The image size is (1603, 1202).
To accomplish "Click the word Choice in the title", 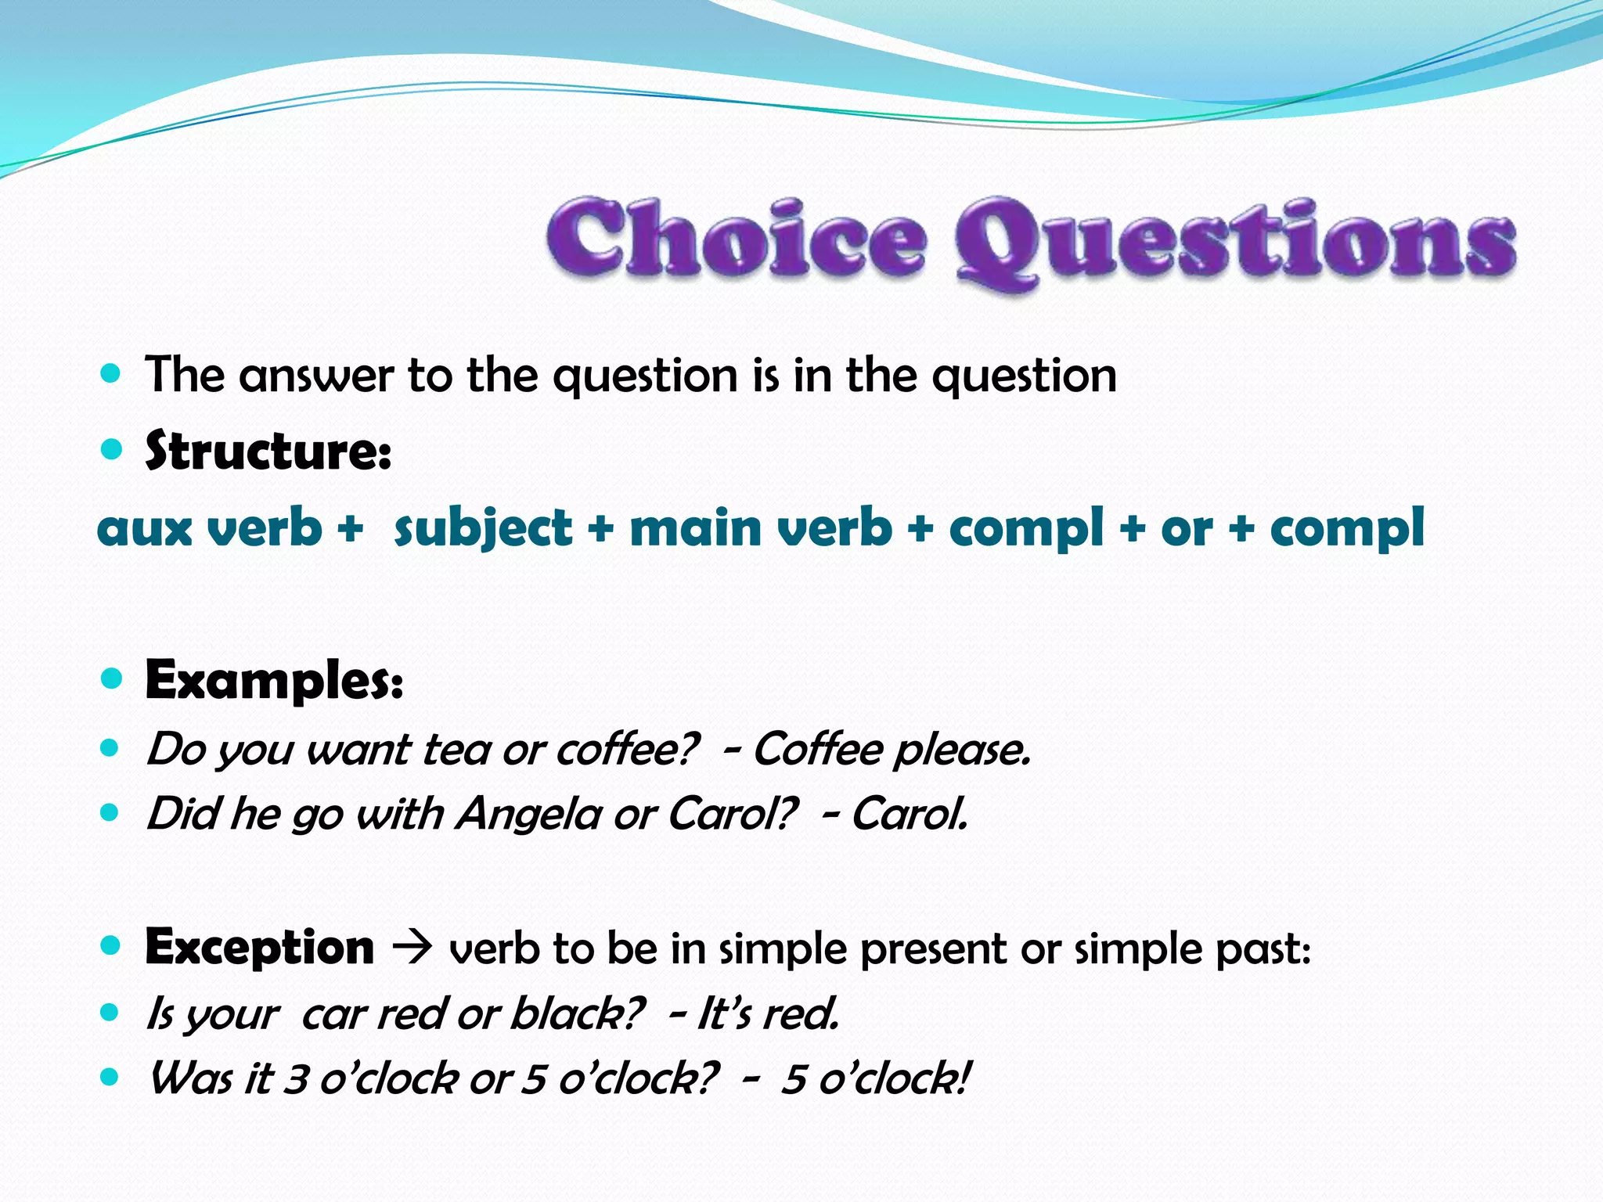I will click(736, 238).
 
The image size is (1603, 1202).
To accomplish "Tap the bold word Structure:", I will click(268, 452).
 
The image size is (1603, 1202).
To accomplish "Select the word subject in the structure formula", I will click(483, 527).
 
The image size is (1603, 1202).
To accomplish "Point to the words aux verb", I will click(210, 527).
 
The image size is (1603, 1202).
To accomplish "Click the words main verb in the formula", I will click(761, 527).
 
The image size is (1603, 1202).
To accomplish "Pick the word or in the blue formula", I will click(1187, 529).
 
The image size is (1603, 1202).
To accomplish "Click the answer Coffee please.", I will click(892, 749).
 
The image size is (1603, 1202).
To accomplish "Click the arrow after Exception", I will click(412, 948).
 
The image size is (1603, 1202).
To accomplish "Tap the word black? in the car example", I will click(578, 1013).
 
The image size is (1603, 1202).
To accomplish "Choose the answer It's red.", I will click(768, 1013).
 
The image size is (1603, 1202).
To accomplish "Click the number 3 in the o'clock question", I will click(296, 1079).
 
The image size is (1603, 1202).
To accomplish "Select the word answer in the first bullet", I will click(316, 375).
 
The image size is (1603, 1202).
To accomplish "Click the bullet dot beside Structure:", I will click(112, 448).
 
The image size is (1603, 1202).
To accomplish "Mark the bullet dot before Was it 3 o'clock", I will click(111, 1078).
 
